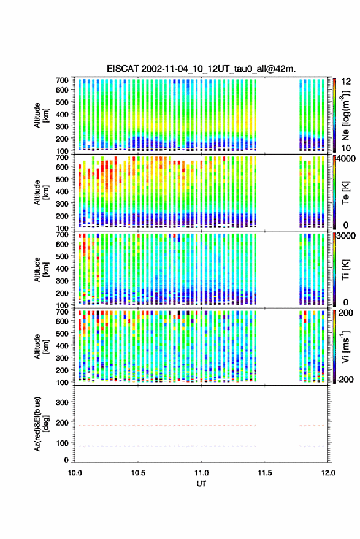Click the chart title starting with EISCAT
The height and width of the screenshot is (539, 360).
coord(201,69)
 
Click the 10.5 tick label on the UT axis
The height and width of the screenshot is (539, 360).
coord(138,473)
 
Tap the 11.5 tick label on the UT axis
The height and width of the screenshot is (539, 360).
coord(264,473)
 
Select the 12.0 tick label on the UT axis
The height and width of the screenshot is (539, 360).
coord(328,473)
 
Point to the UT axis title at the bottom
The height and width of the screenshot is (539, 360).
coord(201,484)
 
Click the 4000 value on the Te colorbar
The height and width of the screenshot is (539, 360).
coord(346,159)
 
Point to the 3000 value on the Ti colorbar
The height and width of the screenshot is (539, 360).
coord(346,236)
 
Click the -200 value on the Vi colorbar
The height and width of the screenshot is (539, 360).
coord(345,380)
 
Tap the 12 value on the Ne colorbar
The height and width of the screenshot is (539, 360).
coord(347,82)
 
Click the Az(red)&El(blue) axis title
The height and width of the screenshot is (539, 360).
coord(41,424)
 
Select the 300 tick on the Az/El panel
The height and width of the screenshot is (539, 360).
coord(62,402)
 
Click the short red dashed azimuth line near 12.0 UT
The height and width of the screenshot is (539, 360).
coord(312,426)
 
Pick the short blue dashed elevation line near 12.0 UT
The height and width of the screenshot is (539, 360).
coord(312,446)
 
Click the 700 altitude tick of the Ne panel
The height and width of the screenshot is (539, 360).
coord(62,80)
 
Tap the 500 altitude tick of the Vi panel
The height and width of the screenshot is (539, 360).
coord(62,334)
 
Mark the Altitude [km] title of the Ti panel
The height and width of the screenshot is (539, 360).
coord(41,270)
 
